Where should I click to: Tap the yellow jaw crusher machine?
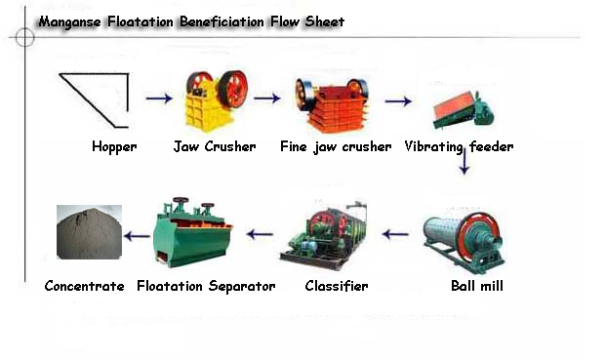coord(215,100)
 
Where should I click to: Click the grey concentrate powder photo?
coord(89,231)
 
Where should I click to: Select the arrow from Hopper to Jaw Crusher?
coord(159,99)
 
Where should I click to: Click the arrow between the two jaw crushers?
coord(267,99)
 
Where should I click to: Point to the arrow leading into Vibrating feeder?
coord(397,100)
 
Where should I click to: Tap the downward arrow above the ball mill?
coord(464,161)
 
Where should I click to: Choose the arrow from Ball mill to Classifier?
coord(394,234)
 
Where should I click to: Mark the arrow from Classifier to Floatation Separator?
coord(260,234)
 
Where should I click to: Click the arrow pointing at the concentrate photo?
coord(138,234)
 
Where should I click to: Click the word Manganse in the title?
coord(71,20)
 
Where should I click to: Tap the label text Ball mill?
coord(477,286)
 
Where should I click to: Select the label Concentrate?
coord(85,286)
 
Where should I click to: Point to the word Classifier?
coord(336,286)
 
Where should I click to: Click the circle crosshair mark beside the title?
coord(24,38)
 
